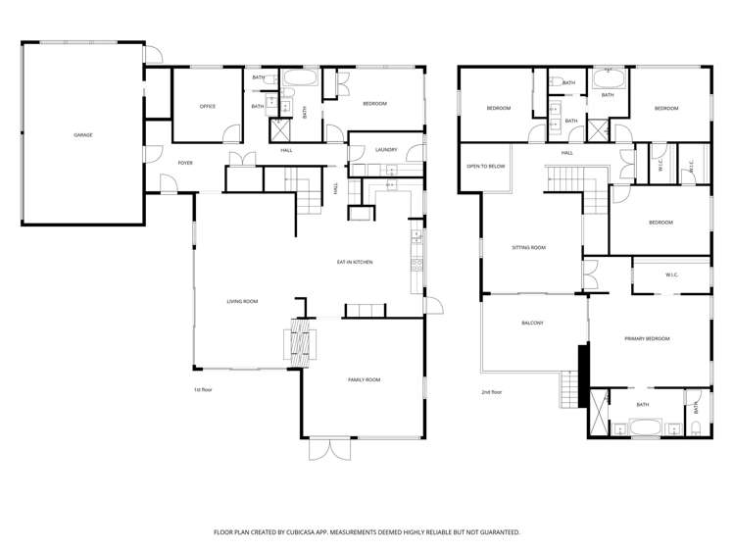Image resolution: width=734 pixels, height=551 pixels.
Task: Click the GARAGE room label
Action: point(83,135)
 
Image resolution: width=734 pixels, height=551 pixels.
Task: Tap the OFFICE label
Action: point(208,107)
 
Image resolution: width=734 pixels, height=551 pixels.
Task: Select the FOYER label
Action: point(185,163)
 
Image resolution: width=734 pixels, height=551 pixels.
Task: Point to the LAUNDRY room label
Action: point(386,150)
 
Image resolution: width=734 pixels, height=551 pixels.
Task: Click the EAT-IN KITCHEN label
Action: point(355,262)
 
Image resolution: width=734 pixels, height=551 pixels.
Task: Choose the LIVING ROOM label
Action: point(242,302)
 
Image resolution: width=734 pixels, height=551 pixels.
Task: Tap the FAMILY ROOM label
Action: point(365,379)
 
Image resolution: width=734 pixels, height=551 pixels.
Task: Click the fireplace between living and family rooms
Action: point(300,342)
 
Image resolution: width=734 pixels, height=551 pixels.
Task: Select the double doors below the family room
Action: point(329,449)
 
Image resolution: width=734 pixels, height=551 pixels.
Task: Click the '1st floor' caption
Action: point(203,389)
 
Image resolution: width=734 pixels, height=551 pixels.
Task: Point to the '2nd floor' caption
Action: point(492,392)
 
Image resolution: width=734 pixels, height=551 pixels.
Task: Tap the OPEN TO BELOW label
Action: point(486,167)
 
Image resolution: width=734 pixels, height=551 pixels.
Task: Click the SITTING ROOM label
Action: point(528,248)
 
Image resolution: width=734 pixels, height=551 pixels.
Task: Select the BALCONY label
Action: point(533,323)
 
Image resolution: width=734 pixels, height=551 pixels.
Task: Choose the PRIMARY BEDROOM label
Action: point(648,338)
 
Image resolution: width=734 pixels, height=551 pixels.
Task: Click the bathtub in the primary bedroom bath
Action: point(645,426)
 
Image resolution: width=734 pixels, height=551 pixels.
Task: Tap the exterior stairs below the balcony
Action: point(569,389)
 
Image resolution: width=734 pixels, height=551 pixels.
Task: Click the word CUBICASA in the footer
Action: point(294,532)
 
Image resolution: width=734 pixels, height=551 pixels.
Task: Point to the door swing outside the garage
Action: point(154,54)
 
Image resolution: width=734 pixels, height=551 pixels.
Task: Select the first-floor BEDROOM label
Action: point(375,104)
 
